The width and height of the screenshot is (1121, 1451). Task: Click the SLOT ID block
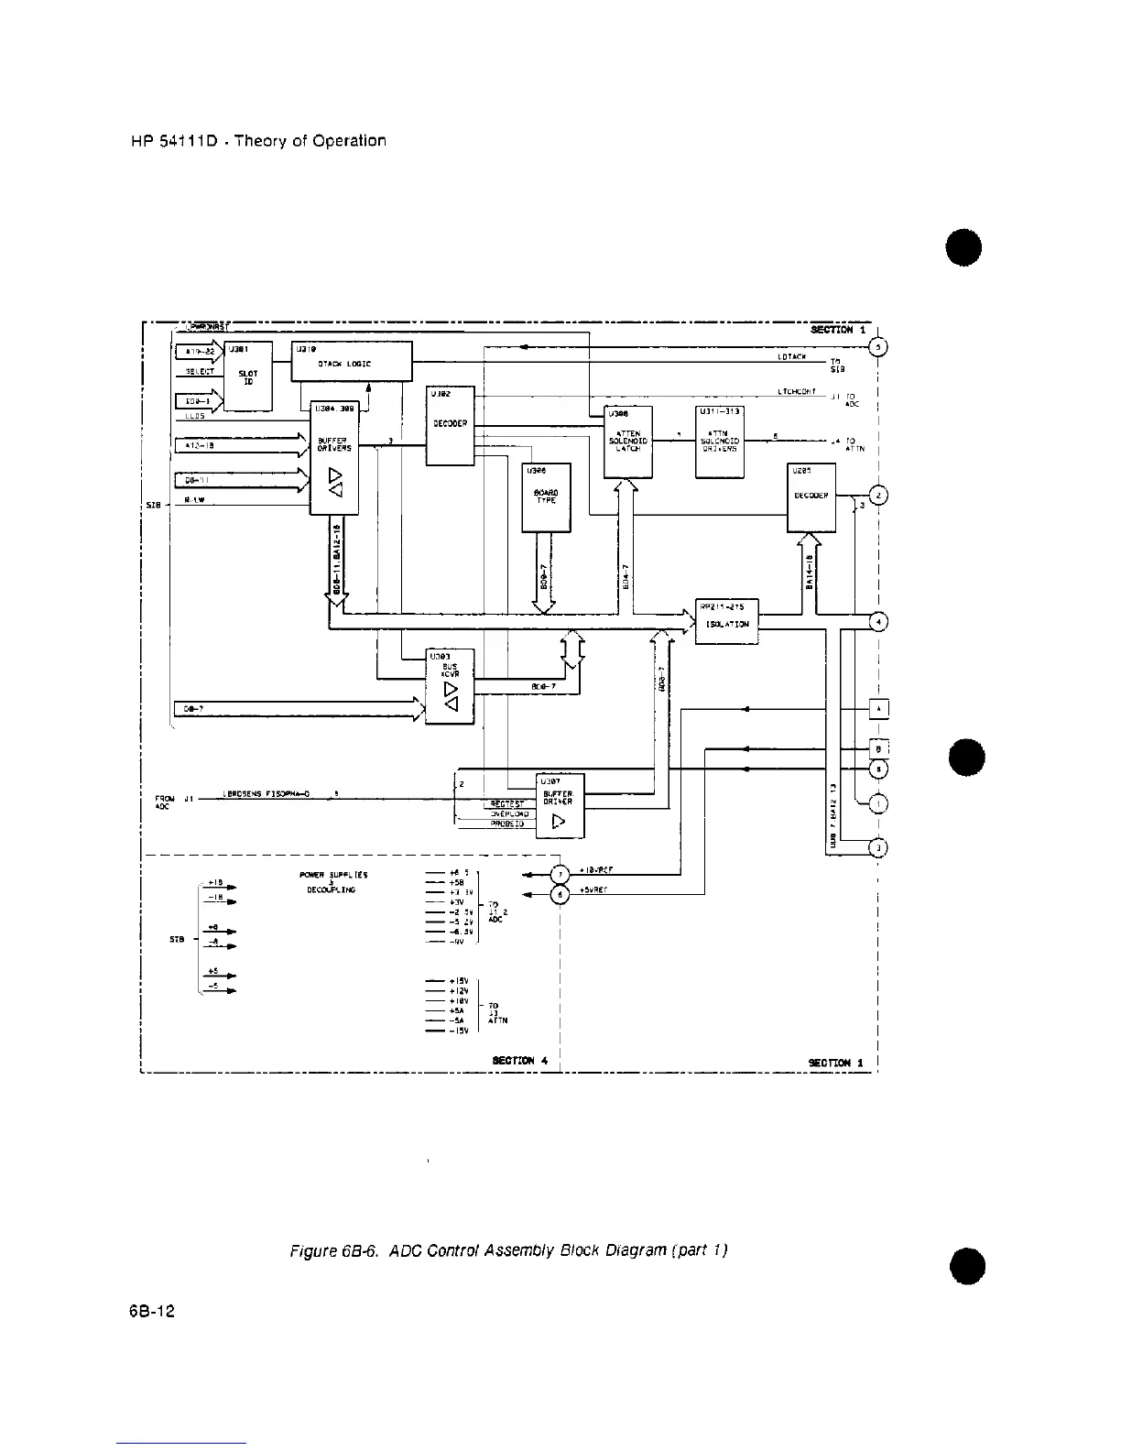[247, 376]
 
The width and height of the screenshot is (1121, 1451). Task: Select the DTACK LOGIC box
[352, 361]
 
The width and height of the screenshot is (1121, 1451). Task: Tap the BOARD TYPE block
[546, 496]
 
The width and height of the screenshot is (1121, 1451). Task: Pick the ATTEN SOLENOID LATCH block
[628, 442]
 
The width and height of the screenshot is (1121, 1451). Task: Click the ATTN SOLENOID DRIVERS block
[719, 442]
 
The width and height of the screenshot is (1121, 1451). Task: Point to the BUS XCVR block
[450, 686]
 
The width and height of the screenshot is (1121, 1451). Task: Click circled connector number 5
[877, 347]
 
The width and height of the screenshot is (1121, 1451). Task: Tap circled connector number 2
[877, 496]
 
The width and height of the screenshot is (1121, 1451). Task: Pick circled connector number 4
[877, 623]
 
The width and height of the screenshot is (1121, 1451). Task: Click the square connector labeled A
[877, 709]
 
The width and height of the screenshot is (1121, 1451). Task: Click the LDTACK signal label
[790, 356]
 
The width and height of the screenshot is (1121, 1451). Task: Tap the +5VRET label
[596, 893]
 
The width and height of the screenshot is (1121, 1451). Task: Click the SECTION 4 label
[519, 1060]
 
